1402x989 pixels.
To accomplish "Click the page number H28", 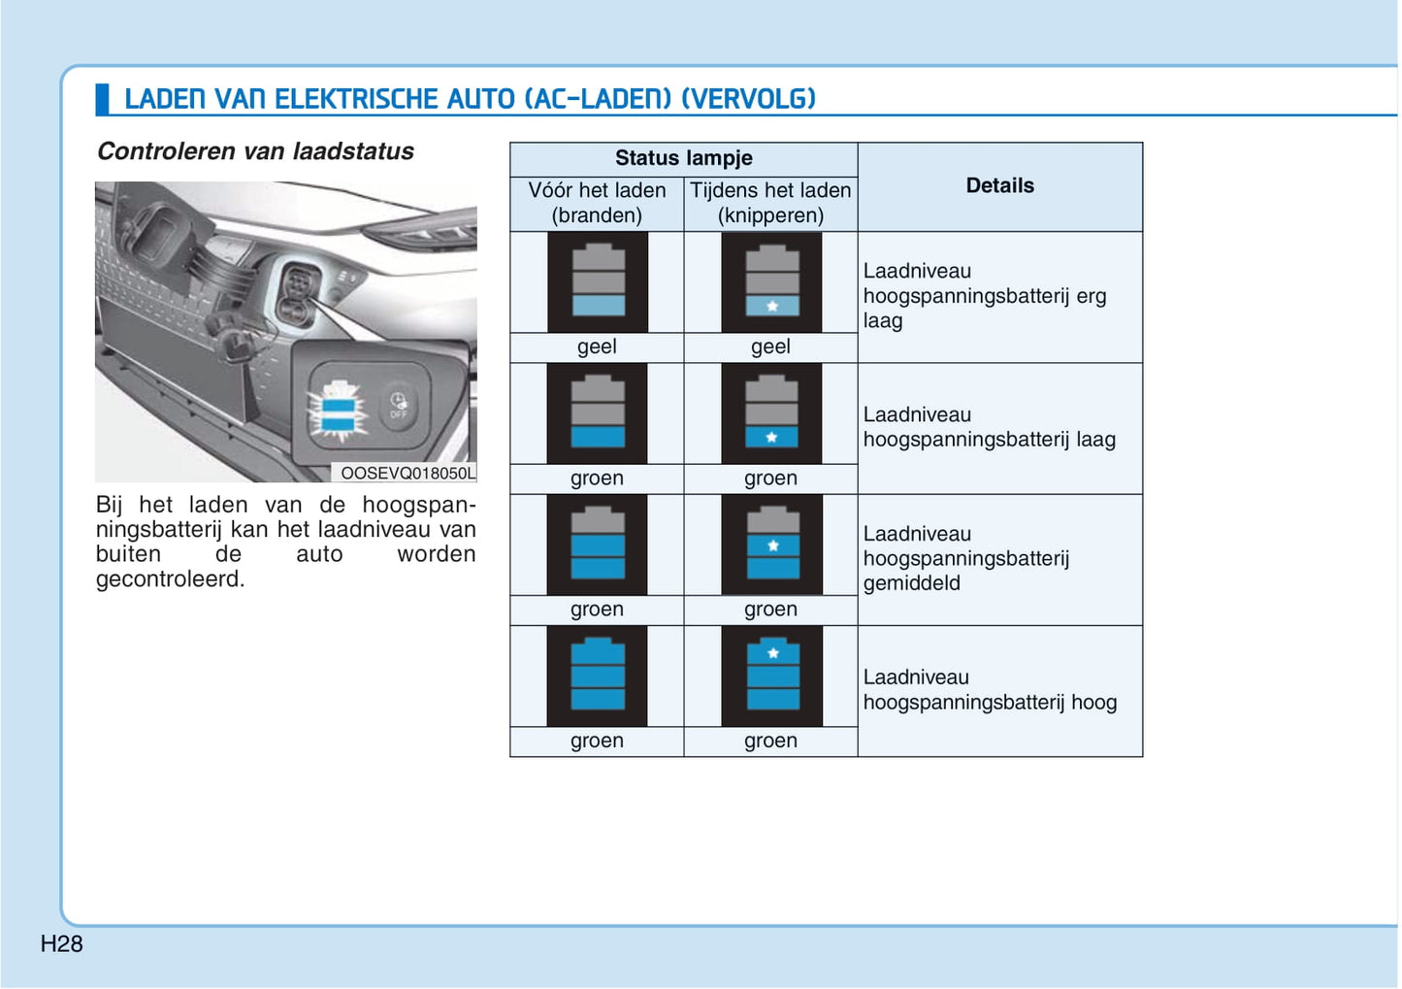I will point(61,943).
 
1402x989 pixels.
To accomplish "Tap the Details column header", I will point(999,185).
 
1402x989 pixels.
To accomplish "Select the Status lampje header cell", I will point(683,158).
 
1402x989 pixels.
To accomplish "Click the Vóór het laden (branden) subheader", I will point(597,203).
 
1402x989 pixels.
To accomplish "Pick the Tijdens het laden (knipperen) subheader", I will point(770,203).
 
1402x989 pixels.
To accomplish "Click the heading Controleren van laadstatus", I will point(255,151).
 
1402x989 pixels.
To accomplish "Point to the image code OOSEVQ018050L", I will point(408,473).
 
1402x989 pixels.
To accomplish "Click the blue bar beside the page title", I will point(102,99).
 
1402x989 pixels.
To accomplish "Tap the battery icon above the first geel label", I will point(598,282).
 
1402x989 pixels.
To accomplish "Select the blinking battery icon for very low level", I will point(771,282).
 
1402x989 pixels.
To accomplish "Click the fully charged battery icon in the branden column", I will point(598,676).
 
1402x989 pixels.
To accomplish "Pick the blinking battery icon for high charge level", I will point(771,676).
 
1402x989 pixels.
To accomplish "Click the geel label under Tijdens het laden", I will point(770,346).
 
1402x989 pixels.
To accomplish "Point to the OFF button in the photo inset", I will point(399,405).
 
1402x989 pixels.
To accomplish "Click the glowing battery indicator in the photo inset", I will point(339,409).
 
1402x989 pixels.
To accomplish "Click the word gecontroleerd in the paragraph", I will point(170,579).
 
